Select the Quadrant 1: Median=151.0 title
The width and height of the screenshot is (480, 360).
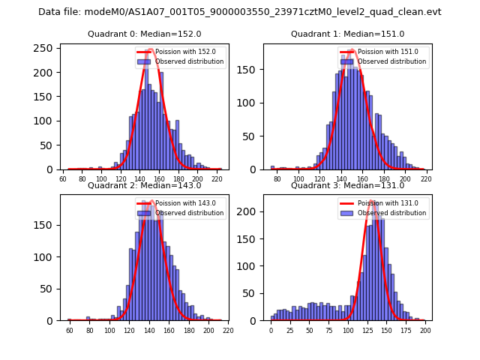pyautogui.click(x=347, y=34)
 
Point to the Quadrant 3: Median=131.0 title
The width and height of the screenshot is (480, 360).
pyautogui.click(x=347, y=185)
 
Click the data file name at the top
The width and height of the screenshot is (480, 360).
pyautogui.click(x=240, y=12)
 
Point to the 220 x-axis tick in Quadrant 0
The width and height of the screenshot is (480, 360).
pyautogui.click(x=217, y=180)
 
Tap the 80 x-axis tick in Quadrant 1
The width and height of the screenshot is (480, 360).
pyautogui.click(x=277, y=180)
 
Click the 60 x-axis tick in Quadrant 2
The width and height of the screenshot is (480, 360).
pyautogui.click(x=69, y=331)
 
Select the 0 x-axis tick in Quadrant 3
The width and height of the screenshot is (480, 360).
pyautogui.click(x=271, y=331)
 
